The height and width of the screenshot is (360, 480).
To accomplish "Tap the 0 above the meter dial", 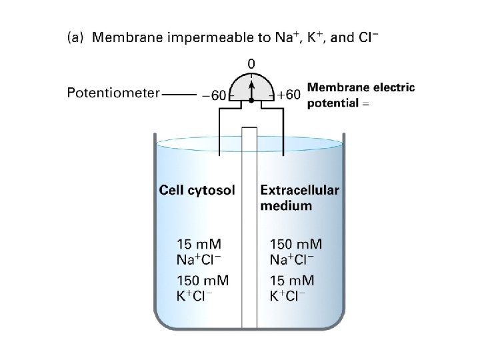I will click(251, 64).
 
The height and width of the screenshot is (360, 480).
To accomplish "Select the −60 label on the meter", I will click(213, 95).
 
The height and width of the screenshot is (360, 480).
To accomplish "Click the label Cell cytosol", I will click(197, 191).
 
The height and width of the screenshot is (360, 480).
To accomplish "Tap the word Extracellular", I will click(299, 190).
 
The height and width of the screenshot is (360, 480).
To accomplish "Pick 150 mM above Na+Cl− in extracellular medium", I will click(296, 244).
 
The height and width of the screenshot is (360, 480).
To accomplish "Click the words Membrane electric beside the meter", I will click(361, 87).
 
